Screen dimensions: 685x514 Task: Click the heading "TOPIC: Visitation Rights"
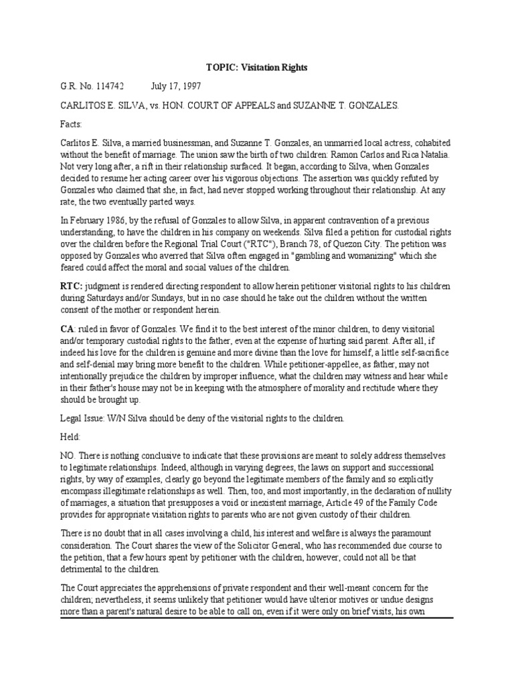click(256, 68)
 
